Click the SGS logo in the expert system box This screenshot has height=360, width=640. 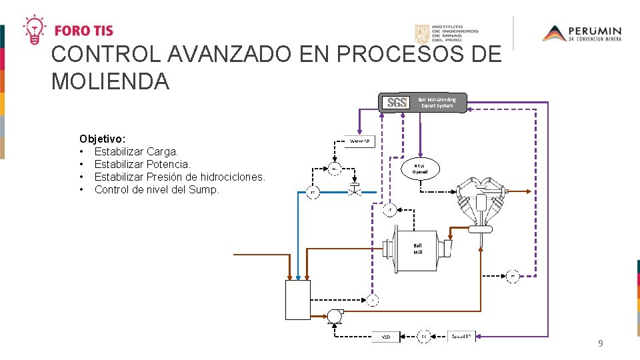(x=397, y=103)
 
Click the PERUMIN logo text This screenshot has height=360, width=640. (x=595, y=31)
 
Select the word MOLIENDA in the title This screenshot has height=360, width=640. (x=110, y=81)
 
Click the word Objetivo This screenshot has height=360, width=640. (x=102, y=139)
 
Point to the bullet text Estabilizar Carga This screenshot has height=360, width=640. (x=136, y=151)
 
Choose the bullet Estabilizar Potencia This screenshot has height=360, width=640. (x=142, y=164)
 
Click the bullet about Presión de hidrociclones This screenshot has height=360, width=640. (x=179, y=177)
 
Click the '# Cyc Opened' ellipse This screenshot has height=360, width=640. (x=421, y=169)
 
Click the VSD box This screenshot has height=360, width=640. (x=386, y=337)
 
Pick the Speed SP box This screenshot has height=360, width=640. (x=461, y=336)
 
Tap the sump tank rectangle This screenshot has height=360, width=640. (x=297, y=299)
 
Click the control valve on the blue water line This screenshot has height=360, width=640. (x=353, y=189)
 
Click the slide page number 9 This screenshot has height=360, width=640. (x=601, y=344)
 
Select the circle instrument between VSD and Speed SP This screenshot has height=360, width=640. (x=423, y=336)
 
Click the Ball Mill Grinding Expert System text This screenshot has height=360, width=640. (x=437, y=103)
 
